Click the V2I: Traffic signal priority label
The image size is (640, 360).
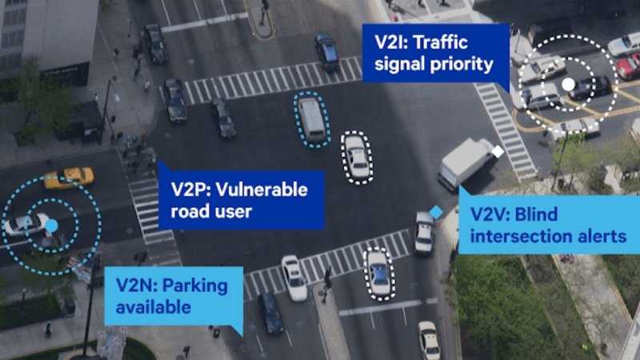pyautogui.click(x=435, y=53)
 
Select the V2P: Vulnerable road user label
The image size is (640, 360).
pyautogui.click(x=242, y=199)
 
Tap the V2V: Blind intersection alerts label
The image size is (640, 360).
pyautogui.click(x=549, y=225)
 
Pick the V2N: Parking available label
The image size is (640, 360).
pyautogui.click(x=174, y=296)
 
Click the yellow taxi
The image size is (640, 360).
pyautogui.click(x=69, y=178)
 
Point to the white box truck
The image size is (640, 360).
pyautogui.click(x=466, y=163)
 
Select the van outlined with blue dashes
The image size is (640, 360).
pyautogui.click(x=312, y=119)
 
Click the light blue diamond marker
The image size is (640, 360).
pyautogui.click(x=436, y=212)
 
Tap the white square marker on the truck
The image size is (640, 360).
pyautogui.click(x=498, y=151)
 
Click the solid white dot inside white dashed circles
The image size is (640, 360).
pyautogui.click(x=568, y=85)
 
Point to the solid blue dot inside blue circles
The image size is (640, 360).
pyautogui.click(x=51, y=226)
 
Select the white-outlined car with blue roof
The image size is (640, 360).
pyautogui.click(x=379, y=273)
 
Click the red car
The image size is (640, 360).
pyautogui.click(x=628, y=66)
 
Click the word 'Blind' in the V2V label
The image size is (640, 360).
pyautogui.click(x=536, y=214)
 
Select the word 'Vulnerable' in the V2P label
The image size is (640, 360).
pyautogui.click(x=262, y=190)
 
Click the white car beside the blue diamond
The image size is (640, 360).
pyautogui.click(x=425, y=232)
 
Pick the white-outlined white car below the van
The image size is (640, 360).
pyautogui.click(x=357, y=157)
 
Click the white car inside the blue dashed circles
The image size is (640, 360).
pyautogui.click(x=26, y=224)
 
